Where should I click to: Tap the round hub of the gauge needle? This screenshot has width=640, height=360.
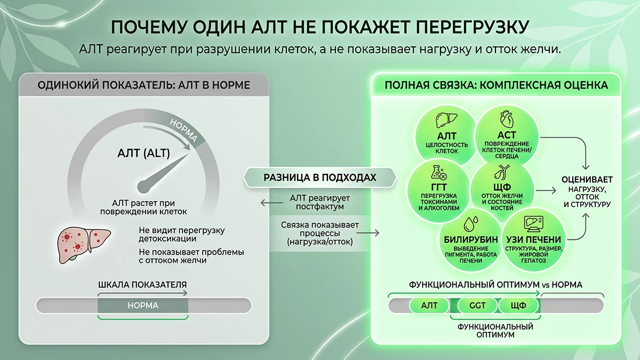143,186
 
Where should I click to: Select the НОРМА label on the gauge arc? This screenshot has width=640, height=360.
183,130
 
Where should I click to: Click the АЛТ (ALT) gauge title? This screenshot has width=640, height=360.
143,153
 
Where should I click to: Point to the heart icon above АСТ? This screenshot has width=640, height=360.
507,119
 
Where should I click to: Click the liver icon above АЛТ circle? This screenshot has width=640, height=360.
446,120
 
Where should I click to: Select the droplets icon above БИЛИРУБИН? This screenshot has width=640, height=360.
471,223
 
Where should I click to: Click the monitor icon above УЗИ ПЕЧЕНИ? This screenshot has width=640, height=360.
533,223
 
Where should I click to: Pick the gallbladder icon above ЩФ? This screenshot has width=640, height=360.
502,172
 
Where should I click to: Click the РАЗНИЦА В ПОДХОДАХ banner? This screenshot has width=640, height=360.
319,178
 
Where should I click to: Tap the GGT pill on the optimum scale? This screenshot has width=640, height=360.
477,306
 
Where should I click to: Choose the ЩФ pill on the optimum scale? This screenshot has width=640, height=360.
518,306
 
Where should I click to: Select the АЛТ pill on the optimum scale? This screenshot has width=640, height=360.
429,306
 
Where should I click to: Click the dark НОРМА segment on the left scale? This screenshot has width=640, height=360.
143,306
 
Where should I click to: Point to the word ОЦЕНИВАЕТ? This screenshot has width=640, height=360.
587,180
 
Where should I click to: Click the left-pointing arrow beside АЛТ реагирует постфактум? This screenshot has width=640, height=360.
271,203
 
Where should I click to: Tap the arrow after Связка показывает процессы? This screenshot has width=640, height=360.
368,233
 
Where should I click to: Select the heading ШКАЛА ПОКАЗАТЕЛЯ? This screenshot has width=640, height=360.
142,285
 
